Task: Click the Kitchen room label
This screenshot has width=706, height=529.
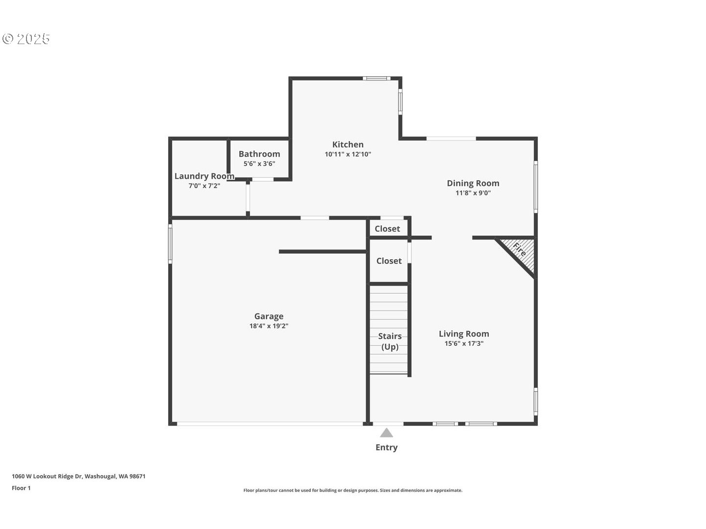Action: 348,144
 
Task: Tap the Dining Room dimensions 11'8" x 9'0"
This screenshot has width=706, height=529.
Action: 473,193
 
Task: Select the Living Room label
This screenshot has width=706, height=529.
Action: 463,334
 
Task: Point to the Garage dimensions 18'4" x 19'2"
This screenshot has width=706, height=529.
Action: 269,326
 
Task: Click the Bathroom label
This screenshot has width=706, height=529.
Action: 259,154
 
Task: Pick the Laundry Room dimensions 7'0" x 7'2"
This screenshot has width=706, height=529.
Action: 204,186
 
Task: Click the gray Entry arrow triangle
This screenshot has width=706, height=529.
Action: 386,433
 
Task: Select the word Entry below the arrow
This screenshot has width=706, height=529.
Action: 386,447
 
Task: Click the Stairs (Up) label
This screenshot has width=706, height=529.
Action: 390,341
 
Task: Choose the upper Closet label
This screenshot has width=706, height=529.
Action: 387,229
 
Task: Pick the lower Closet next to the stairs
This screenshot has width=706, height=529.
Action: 389,261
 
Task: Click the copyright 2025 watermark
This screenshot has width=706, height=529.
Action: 26,39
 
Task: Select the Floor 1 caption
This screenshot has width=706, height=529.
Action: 21,488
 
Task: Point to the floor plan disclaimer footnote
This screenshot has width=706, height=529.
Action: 353,490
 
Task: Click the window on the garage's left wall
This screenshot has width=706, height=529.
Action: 170,243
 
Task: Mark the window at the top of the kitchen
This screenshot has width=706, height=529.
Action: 377,78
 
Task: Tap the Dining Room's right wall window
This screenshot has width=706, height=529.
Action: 536,187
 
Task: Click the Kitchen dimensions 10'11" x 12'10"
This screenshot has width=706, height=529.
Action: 348,154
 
